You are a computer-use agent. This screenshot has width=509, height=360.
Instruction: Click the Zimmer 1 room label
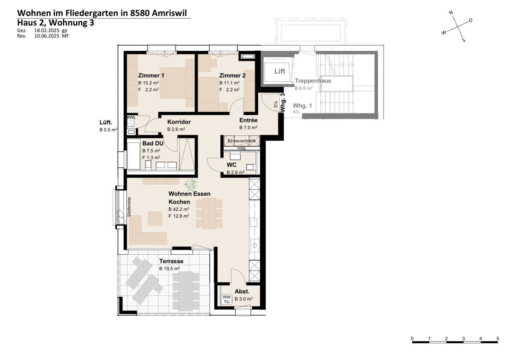(x=151, y=75)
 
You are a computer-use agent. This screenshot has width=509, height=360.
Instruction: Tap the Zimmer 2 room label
(x=232, y=75)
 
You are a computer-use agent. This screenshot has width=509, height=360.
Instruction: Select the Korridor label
(x=179, y=122)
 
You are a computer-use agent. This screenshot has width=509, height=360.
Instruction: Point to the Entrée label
(x=248, y=120)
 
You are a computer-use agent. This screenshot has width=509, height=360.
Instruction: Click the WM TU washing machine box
(x=227, y=299)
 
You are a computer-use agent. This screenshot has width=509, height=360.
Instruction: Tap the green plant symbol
(x=191, y=184)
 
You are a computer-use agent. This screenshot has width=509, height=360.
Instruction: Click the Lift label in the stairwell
(x=280, y=71)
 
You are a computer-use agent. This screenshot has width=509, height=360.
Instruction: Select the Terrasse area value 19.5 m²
(x=170, y=269)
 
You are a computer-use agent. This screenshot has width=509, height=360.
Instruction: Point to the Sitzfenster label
(x=129, y=207)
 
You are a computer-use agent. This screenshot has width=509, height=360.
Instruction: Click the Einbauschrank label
(x=241, y=141)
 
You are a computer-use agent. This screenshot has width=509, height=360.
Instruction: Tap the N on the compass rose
(x=451, y=12)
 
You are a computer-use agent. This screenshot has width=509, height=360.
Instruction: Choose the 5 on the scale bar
(x=498, y=339)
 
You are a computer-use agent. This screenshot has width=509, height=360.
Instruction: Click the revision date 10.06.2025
(x=47, y=36)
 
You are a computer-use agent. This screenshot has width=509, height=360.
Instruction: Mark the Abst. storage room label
(x=242, y=291)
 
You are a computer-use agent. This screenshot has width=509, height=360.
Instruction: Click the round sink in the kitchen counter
(x=255, y=245)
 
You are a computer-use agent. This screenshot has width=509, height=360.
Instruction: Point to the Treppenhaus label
(x=313, y=81)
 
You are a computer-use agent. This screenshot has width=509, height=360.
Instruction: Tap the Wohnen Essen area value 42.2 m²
(x=179, y=209)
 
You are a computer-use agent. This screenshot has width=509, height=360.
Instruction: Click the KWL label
(x=131, y=117)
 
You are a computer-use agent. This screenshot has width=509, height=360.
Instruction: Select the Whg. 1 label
(x=302, y=106)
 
